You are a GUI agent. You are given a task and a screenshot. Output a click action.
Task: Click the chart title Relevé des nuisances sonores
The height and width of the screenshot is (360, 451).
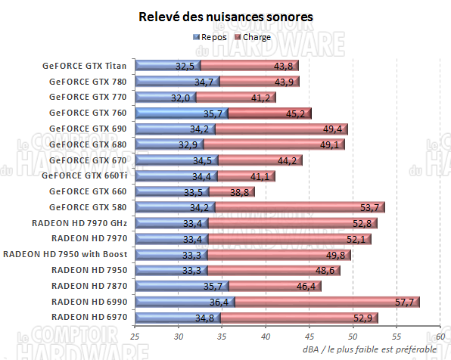coord(225,16)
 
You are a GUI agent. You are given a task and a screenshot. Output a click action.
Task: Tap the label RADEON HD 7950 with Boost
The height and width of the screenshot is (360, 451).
coord(66,254)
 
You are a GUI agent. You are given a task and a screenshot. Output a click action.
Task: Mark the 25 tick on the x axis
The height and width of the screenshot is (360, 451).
coord(135,336)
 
